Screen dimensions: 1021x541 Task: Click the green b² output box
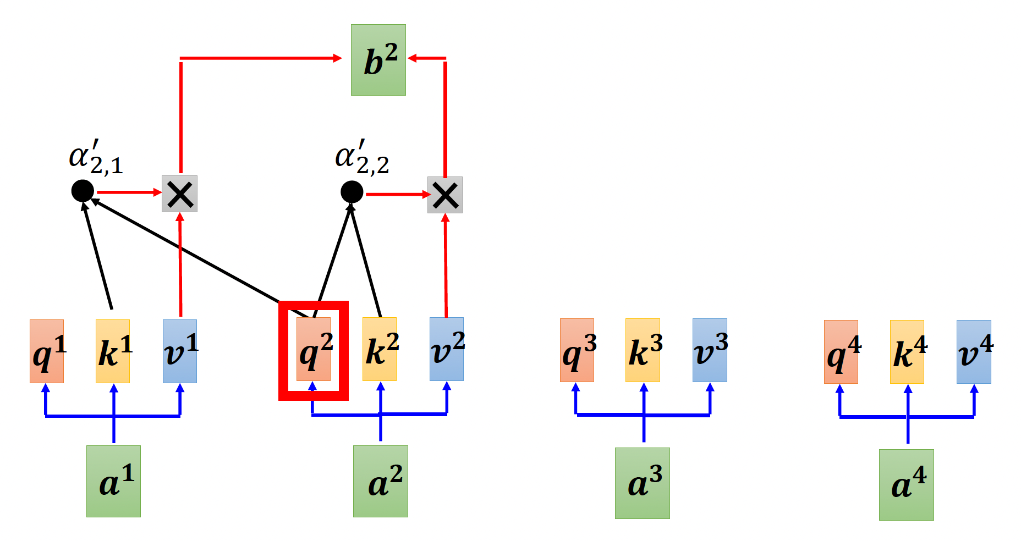point(378,60)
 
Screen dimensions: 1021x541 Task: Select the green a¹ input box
point(113,481)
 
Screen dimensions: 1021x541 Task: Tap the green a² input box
point(381,481)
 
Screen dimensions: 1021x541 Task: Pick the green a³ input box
point(643,483)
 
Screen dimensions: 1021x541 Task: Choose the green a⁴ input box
point(907,485)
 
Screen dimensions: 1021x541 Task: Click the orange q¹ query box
point(47,351)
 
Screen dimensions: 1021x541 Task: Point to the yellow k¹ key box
point(113,351)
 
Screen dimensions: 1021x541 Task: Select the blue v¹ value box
point(180,351)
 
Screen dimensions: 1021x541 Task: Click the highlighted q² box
point(314,349)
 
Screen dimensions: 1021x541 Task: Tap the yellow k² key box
point(380,349)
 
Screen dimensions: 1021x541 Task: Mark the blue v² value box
point(447,349)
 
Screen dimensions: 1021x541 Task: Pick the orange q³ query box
point(577,350)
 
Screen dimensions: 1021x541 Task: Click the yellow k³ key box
point(643,350)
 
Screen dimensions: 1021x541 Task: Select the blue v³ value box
point(710,350)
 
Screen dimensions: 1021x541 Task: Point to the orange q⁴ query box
point(841,352)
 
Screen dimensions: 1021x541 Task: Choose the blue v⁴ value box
point(974,352)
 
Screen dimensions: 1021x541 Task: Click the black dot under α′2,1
point(83,191)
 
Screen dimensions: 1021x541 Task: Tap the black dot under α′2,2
point(352,192)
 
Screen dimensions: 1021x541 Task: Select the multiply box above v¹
point(179,194)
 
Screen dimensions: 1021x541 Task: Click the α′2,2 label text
point(362,158)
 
